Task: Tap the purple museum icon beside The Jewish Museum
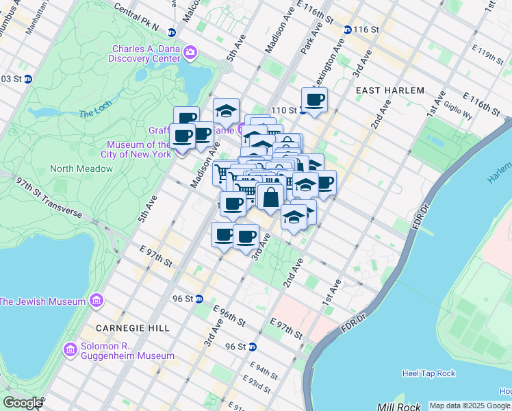point(97,301)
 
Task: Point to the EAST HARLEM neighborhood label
point(390,90)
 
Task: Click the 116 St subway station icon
point(348,29)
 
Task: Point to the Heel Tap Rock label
point(428,373)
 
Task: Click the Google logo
point(22,403)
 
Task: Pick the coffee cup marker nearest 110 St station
point(314,100)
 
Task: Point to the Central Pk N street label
point(137,20)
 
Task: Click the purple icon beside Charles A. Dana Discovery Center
point(190,52)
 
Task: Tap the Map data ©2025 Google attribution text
point(470,406)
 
